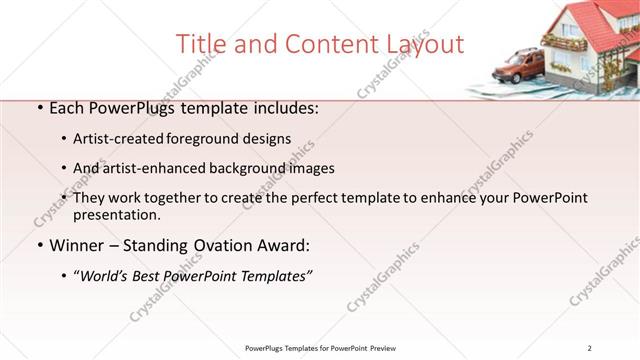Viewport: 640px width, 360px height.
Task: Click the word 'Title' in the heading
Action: tap(200, 44)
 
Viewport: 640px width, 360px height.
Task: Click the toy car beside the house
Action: tap(518, 67)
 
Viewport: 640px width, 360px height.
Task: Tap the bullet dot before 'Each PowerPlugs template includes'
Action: tap(38, 109)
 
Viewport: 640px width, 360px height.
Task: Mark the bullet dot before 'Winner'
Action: tap(38, 245)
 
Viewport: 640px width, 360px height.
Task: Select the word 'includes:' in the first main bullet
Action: tap(285, 108)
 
